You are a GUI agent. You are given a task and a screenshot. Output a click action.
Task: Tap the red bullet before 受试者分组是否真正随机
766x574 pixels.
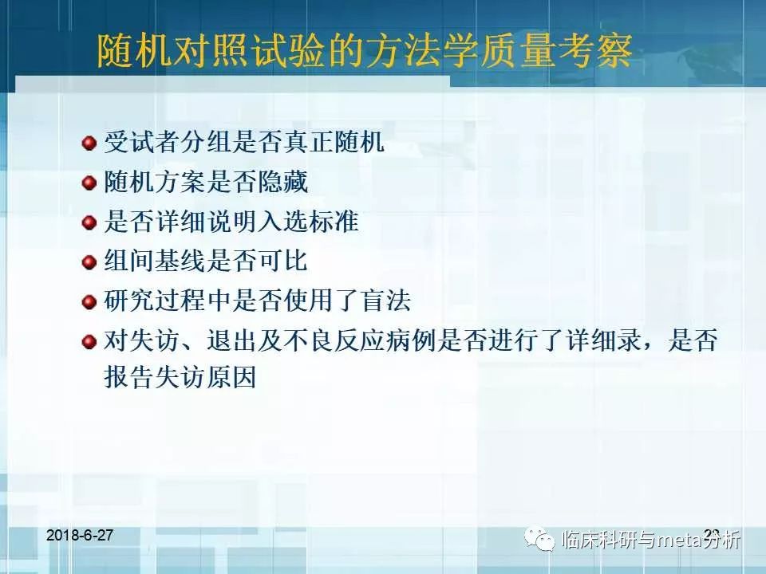click(x=89, y=143)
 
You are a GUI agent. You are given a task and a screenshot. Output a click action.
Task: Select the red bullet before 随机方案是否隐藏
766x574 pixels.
click(x=89, y=183)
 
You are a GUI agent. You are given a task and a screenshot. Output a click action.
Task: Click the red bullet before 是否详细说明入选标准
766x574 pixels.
click(x=89, y=222)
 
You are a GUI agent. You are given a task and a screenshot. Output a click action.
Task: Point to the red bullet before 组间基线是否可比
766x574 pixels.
click(x=89, y=262)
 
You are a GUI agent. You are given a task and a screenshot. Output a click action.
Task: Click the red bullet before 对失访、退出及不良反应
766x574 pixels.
click(x=89, y=342)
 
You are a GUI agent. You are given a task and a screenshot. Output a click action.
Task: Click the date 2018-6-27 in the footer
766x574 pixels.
click(x=80, y=535)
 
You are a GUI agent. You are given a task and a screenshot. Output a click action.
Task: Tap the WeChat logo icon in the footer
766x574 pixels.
click(x=544, y=540)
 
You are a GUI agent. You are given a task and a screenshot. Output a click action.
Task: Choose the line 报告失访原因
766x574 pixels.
click(x=180, y=377)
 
